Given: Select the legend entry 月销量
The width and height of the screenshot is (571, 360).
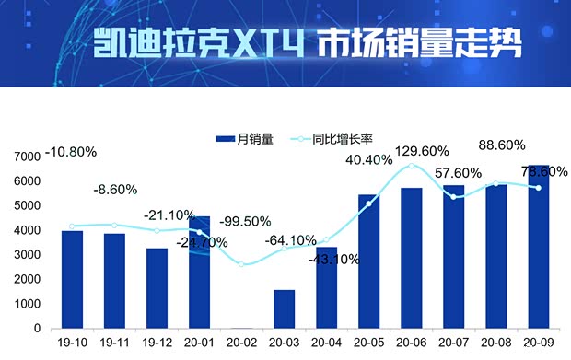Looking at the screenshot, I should point(244,139).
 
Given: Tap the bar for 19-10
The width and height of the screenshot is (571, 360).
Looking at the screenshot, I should point(72,279).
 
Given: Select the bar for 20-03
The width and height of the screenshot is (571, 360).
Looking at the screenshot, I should point(284,308).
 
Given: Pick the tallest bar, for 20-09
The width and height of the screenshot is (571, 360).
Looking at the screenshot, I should point(539,247).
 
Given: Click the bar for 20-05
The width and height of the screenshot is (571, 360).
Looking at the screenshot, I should point(368,261).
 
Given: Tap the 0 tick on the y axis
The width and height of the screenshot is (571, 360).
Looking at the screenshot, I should point(37,329).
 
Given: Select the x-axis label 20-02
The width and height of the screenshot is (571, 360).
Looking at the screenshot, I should point(241,343).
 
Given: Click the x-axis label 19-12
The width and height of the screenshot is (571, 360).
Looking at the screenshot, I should point(157,343).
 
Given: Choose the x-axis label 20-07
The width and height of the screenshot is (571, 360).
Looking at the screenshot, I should point(454,343).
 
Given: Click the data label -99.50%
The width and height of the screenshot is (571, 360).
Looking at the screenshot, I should point(246,222).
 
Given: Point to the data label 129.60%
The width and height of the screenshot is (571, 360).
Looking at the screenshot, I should point(422,151).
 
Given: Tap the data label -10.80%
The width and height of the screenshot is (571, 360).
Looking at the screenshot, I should point(70,151).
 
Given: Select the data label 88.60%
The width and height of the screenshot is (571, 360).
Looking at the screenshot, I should point(503,145).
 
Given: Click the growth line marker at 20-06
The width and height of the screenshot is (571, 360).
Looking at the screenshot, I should point(412,167).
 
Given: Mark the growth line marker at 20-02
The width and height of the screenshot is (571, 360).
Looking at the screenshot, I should point(241,264).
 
